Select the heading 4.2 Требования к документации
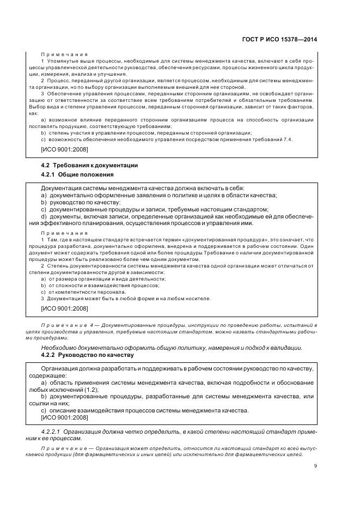click(89, 165)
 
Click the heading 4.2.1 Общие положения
click(77, 174)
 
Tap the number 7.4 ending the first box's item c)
click(287, 139)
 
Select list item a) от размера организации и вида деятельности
click(103, 278)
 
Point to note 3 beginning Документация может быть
click(126, 298)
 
